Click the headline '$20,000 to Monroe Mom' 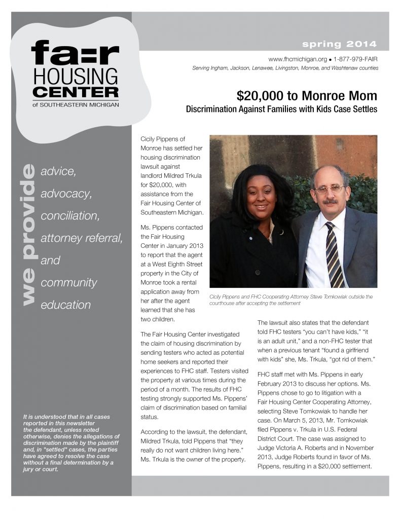click(x=307, y=95)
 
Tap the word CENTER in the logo click(x=75, y=92)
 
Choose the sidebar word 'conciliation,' click(x=70, y=216)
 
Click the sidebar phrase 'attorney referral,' click(x=81, y=238)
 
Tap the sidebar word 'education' click(x=65, y=305)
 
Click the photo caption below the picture click(x=291, y=300)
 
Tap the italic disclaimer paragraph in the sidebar click(x=71, y=442)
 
